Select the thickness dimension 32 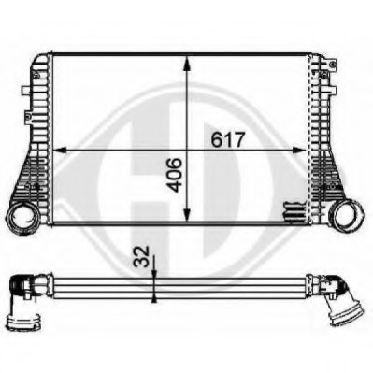pos(140,254)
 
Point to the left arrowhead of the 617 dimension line pos(58,149)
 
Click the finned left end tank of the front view pos(37,131)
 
